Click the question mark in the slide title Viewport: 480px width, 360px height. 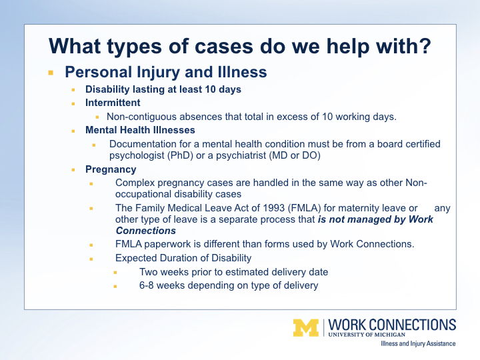(425, 47)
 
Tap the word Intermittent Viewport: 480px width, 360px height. (113, 103)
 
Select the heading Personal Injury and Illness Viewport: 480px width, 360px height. (166, 72)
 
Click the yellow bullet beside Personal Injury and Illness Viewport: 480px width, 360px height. (51, 73)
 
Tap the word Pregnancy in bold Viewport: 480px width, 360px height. (111, 169)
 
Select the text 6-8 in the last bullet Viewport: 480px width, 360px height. (146, 285)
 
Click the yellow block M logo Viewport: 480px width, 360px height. (306, 328)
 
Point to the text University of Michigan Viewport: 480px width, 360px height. (367, 335)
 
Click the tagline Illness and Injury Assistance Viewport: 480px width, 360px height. (418, 344)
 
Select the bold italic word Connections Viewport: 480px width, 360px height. (146, 231)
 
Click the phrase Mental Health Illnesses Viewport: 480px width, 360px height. (140, 130)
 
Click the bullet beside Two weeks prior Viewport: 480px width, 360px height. (115, 273)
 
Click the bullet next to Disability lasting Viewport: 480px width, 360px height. (73, 90)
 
